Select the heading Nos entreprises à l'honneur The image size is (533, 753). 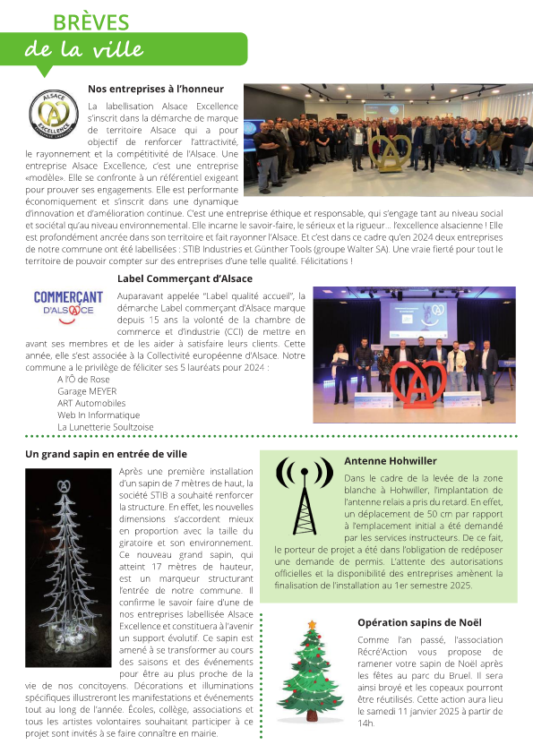click(x=155, y=89)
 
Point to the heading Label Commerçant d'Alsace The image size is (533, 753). click(x=185, y=278)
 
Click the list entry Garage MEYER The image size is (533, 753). click(x=87, y=391)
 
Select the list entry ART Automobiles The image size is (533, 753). click(x=91, y=403)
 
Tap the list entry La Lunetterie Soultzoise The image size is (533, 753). click(x=105, y=427)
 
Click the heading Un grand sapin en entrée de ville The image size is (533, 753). click(x=106, y=454)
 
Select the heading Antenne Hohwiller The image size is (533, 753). click(x=391, y=461)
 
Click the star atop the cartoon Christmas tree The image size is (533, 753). click(x=312, y=623)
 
